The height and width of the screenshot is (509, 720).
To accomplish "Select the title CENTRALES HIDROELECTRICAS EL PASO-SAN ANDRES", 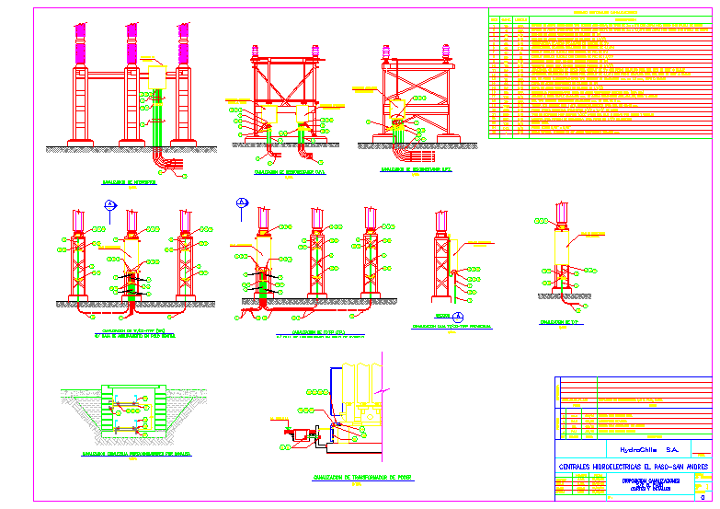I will point(634,467).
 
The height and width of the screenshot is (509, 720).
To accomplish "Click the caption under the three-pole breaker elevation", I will point(130,182).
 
